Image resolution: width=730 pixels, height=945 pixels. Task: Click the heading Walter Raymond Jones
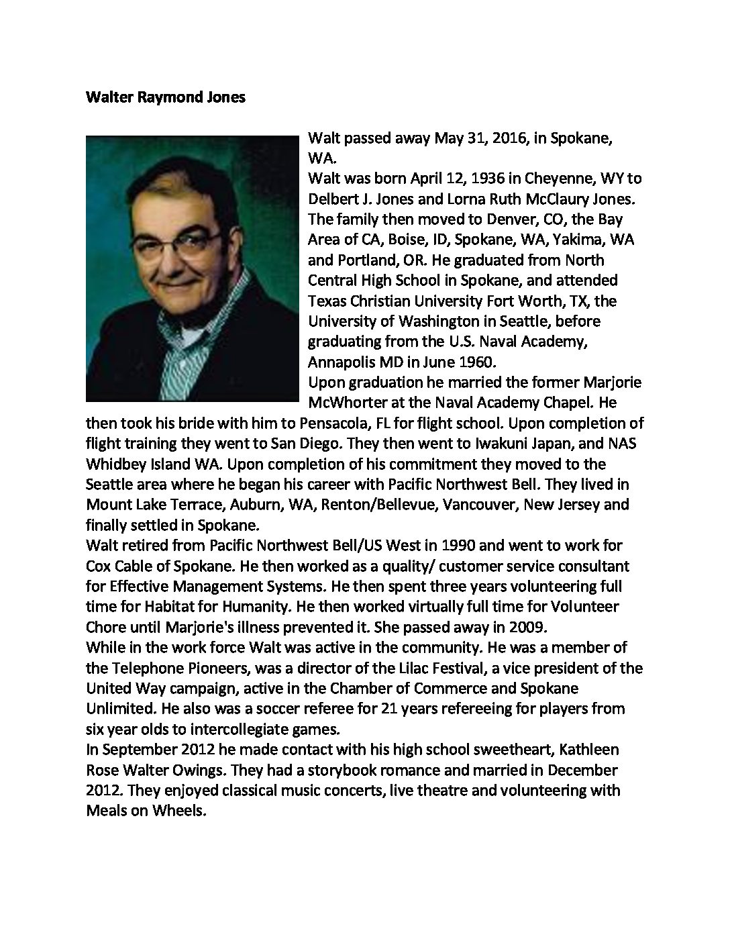(x=166, y=97)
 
